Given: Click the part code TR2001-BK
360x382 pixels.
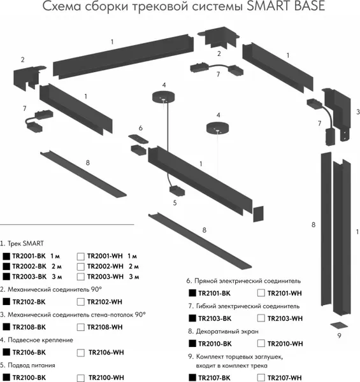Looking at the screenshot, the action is [x=29, y=256].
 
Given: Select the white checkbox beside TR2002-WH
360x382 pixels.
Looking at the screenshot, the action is [x=81, y=267].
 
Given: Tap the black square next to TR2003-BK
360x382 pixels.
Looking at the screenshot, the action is [x=6, y=276].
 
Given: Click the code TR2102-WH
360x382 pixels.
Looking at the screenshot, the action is [x=104, y=302].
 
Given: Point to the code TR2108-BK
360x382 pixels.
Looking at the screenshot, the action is [x=29, y=327].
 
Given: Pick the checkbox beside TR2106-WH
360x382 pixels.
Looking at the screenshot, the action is [x=81, y=353].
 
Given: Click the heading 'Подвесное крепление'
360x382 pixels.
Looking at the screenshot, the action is [x=41, y=340].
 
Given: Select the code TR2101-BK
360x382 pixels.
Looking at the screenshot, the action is [x=214, y=294].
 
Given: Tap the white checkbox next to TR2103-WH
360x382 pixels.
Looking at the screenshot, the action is [x=261, y=318].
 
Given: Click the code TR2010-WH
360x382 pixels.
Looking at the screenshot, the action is [x=285, y=344].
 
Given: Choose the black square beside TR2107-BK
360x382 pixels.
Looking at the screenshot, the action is [x=192, y=378].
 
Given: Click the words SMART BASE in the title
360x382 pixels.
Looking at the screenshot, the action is [x=286, y=6].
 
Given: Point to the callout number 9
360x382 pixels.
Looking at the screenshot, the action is [x=339, y=336].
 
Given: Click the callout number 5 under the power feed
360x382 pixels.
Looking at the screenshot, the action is [x=175, y=203].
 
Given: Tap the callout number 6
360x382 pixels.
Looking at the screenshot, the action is [x=141, y=128].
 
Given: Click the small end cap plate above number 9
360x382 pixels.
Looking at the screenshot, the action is [x=339, y=325].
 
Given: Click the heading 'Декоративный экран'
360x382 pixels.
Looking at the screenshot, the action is [x=227, y=332].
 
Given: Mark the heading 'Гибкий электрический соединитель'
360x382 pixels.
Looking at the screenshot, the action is [x=248, y=306].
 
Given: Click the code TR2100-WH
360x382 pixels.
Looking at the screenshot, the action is [x=106, y=378].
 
